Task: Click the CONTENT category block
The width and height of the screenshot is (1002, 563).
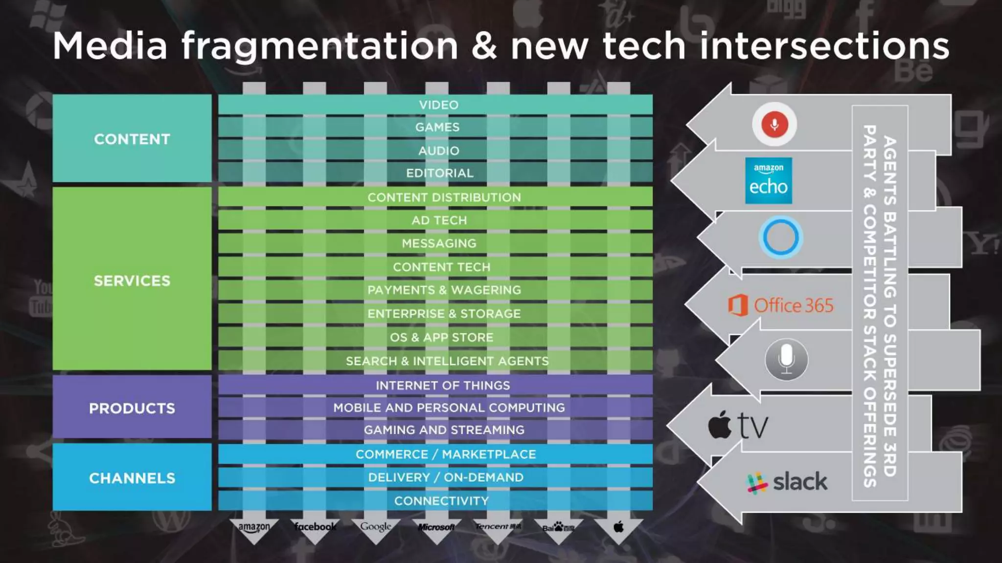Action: [132, 139]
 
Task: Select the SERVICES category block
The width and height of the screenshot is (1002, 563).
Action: [132, 280]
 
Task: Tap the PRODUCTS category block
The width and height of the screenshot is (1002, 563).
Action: [132, 408]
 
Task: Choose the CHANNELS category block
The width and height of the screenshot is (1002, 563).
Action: [132, 477]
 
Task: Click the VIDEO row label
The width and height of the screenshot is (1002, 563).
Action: [438, 105]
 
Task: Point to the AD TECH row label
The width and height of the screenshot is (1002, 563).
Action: [439, 220]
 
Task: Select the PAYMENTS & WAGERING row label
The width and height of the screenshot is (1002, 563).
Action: [444, 290]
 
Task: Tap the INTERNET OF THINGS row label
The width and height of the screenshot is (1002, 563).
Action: [442, 385]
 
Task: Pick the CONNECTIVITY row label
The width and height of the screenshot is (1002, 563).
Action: [441, 501]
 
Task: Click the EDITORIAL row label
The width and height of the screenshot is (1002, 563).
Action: [439, 173]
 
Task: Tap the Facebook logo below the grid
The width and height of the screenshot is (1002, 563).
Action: [315, 526]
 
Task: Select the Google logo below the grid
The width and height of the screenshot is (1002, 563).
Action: [376, 526]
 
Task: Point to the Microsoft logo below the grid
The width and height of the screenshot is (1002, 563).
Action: [436, 527]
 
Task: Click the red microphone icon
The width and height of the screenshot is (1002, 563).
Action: [774, 124]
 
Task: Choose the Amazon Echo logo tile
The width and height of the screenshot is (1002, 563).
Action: [768, 180]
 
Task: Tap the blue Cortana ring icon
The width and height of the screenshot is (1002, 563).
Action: [780, 238]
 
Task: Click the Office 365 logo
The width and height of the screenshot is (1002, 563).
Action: [781, 305]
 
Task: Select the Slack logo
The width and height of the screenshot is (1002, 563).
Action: [787, 482]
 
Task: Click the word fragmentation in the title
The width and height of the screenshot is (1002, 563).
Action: [319, 46]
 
